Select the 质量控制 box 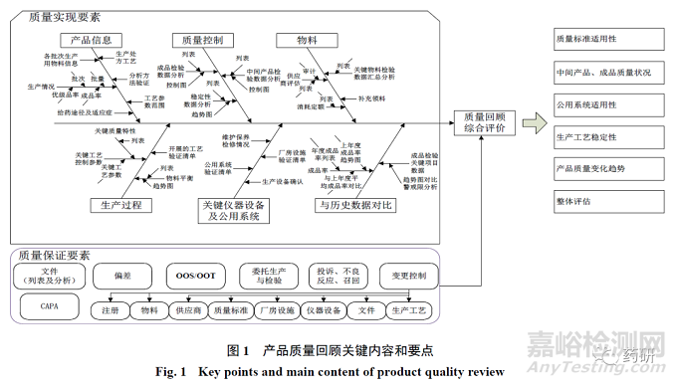(x=203, y=40)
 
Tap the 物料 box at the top (x=308, y=40)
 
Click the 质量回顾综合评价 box (x=483, y=123)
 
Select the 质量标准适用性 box (x=607, y=41)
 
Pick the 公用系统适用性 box (x=607, y=104)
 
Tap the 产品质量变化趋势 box (x=607, y=168)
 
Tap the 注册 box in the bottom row (x=110, y=309)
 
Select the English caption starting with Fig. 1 (x=338, y=371)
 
